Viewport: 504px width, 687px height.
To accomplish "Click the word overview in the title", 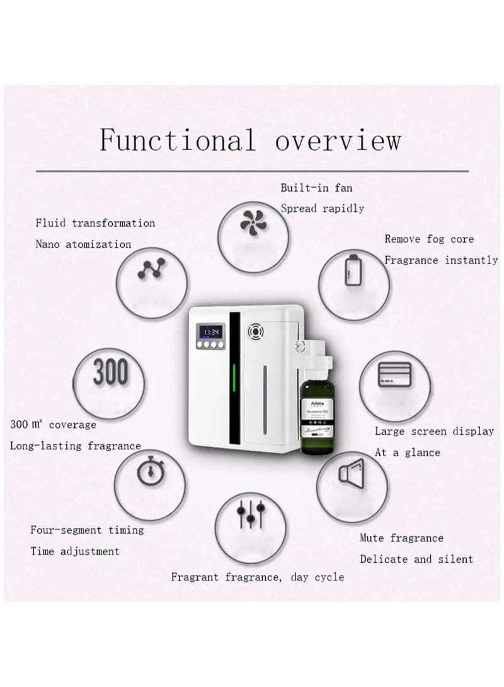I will point(338,139).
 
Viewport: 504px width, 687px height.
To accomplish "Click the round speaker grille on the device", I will point(256,330).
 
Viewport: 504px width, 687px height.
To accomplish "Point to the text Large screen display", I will point(434,431).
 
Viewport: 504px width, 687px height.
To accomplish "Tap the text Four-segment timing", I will point(87,529).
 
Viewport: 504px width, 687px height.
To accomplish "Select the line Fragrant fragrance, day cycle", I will point(258,576).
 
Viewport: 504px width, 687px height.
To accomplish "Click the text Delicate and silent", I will point(416,559).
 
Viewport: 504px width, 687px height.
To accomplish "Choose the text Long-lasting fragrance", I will point(75,446).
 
